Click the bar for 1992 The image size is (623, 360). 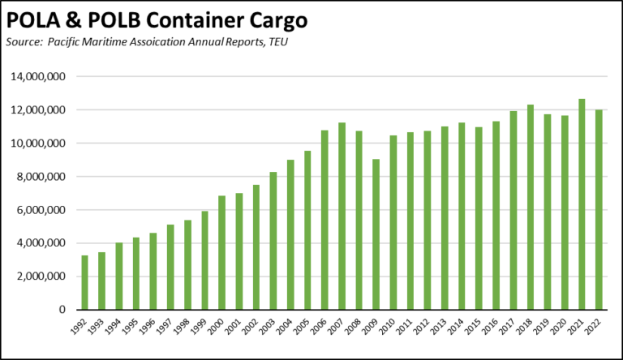[x=85, y=283]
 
